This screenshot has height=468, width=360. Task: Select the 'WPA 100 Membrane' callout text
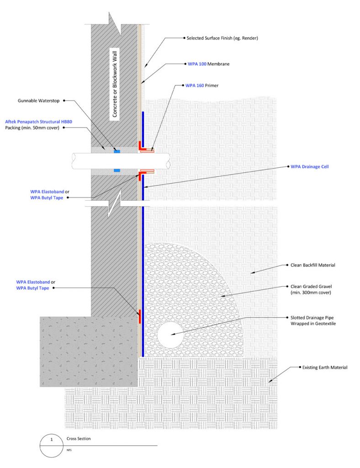208,64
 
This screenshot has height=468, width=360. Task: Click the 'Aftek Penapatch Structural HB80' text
39,122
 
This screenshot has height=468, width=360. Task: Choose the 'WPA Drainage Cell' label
309,167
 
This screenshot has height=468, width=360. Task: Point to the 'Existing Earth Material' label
325,367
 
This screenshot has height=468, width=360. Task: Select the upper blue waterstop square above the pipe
117,150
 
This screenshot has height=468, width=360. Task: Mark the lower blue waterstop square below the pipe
117,170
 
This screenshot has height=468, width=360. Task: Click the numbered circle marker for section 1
52,444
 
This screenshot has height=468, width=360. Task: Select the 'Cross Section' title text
79,439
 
